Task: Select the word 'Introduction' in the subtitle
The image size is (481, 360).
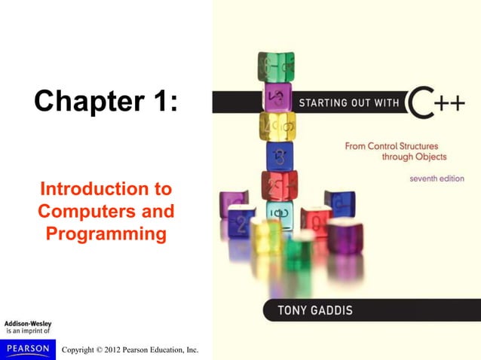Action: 106,188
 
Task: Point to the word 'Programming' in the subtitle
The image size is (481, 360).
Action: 106,234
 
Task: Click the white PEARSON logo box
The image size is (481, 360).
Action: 28,349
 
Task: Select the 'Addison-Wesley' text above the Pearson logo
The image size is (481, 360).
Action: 28,324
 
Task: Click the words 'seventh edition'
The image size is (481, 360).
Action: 437,179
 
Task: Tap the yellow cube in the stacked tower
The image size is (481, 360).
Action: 277,126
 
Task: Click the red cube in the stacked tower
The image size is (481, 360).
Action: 279,185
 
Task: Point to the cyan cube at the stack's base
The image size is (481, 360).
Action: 279,213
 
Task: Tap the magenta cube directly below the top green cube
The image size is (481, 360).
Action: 277,96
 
